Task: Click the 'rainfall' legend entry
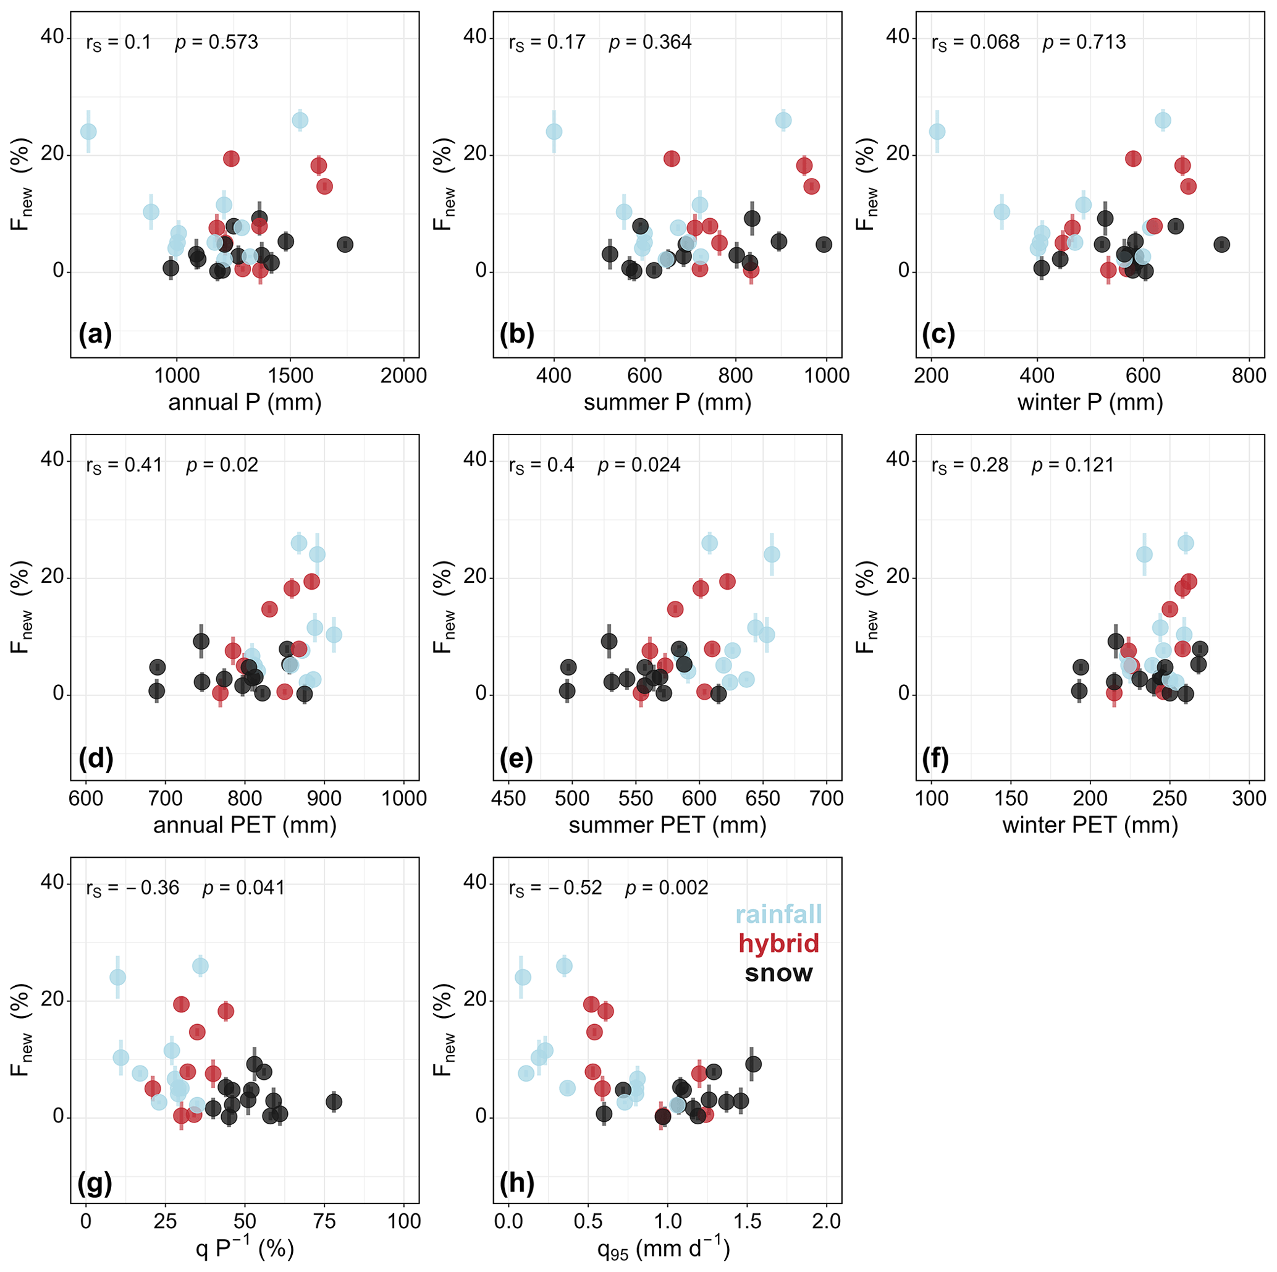tap(778, 914)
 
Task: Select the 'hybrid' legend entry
tap(778, 943)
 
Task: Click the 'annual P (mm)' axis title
tap(245, 402)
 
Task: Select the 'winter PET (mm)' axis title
tap(1090, 825)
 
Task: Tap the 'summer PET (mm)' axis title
tap(668, 825)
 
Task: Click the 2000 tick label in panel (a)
tap(404, 376)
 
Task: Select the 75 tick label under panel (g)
tap(324, 1221)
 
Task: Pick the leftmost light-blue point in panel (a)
tap(88, 132)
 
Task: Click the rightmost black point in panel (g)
tap(334, 1102)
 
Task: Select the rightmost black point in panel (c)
tap(1221, 245)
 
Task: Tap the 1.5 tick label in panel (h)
tap(747, 1221)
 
